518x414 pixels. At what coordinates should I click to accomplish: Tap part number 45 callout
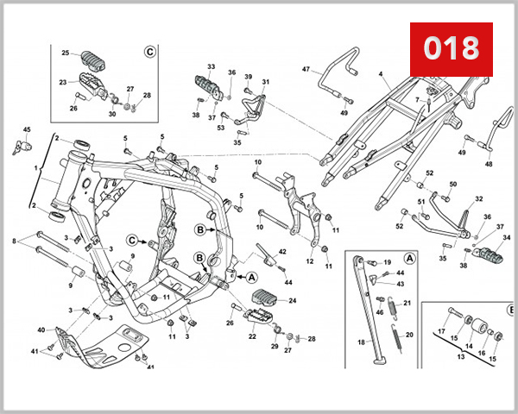click(26, 130)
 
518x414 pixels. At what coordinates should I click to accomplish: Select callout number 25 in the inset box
click(65, 53)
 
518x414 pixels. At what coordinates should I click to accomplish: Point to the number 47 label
click(306, 69)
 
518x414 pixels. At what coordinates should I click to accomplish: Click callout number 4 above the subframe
click(380, 74)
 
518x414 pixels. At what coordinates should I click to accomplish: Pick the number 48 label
click(489, 163)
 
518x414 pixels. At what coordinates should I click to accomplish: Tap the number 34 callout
click(507, 237)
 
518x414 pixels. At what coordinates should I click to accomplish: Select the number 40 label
click(41, 330)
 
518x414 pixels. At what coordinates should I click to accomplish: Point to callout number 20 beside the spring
click(409, 335)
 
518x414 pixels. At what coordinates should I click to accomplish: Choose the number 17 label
click(441, 331)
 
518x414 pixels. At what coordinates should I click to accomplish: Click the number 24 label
click(293, 301)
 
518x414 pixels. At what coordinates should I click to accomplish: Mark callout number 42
click(282, 251)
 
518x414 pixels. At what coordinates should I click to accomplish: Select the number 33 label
click(211, 66)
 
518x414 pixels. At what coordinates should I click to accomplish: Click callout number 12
click(309, 260)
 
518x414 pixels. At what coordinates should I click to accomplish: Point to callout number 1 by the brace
click(35, 169)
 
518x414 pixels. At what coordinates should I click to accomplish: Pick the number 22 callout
click(252, 336)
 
